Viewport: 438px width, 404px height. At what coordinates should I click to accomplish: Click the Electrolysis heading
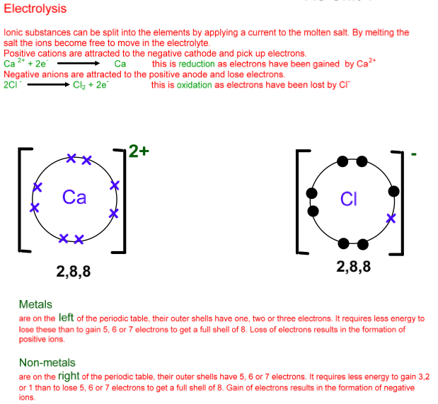[x=35, y=9]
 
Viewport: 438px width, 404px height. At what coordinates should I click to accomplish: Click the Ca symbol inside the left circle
[x=74, y=197]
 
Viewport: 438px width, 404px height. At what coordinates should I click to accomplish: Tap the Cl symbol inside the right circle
[x=347, y=200]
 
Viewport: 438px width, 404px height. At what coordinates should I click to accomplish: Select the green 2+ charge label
[x=139, y=151]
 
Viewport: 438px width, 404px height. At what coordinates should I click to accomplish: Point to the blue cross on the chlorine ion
[x=390, y=218]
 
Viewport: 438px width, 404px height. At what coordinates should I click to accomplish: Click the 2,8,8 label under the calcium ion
[x=74, y=271]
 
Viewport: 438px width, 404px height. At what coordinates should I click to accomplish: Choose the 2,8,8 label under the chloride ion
[x=353, y=267]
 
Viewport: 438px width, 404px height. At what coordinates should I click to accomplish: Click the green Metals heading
[x=35, y=305]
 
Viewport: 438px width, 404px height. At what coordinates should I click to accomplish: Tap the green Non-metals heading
[x=47, y=363]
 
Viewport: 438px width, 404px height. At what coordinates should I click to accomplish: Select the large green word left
[x=66, y=318]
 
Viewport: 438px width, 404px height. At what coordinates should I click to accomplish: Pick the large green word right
[x=68, y=376]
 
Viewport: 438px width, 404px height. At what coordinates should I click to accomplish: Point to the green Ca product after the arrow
[x=120, y=64]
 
